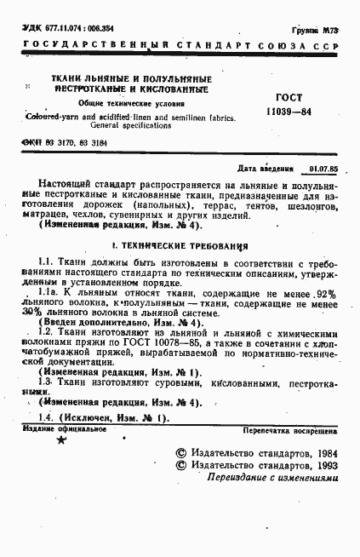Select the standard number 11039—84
point(289,112)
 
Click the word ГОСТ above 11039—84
point(288,98)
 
